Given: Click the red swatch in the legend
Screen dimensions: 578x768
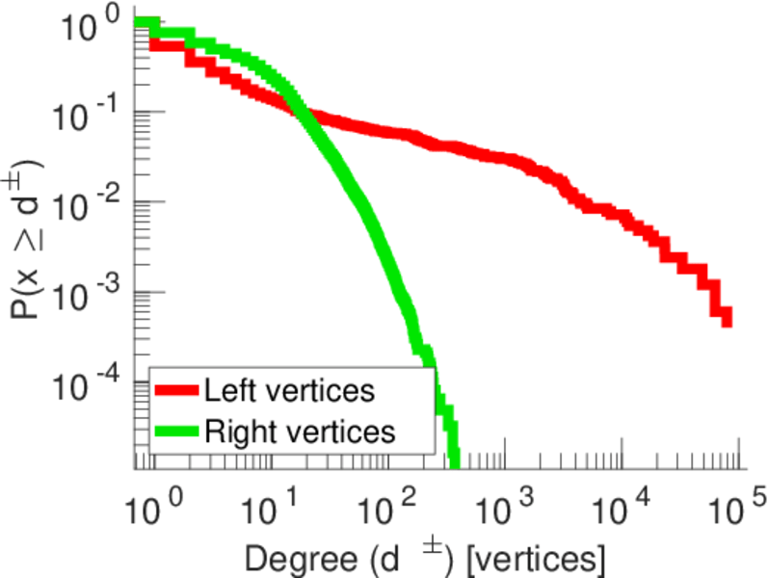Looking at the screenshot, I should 177,391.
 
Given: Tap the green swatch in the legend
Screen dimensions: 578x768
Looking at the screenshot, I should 177,431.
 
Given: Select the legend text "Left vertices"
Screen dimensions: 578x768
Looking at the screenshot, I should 289,391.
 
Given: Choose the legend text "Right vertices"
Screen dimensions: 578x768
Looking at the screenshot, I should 300,431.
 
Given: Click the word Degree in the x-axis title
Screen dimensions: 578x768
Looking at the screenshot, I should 289,557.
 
